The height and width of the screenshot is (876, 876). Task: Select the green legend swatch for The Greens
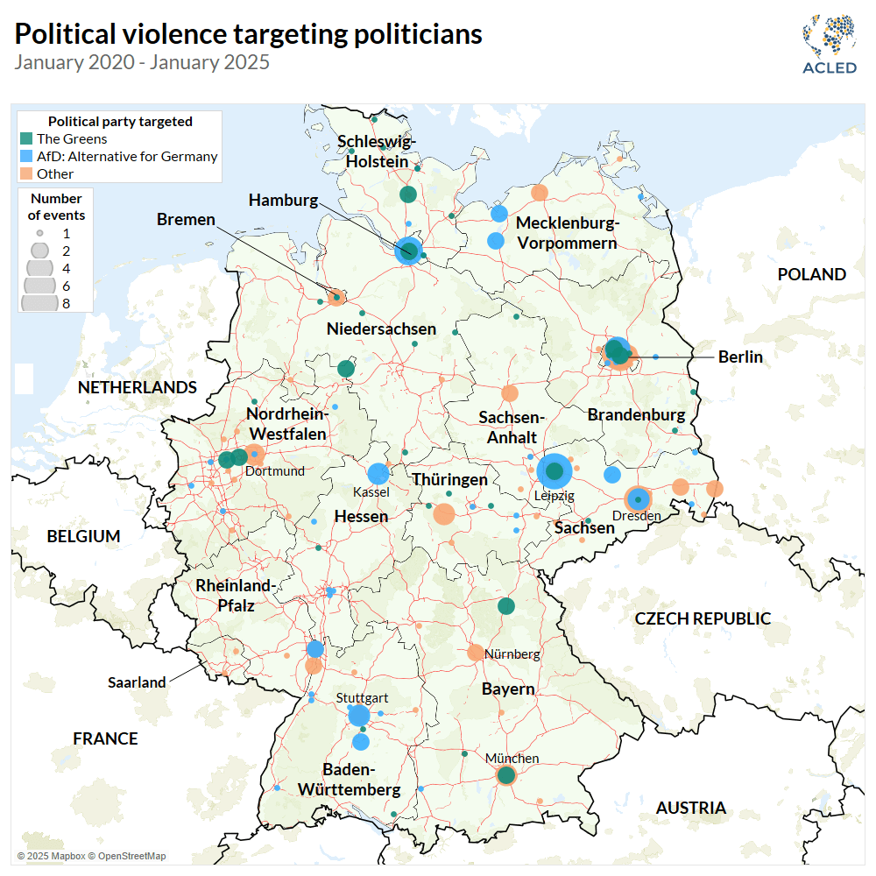tap(26, 138)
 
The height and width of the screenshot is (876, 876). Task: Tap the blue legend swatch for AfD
tap(26, 156)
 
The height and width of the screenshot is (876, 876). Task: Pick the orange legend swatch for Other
tap(26, 173)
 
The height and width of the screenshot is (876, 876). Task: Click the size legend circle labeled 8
tap(40, 303)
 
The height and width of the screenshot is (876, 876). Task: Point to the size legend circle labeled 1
tap(40, 234)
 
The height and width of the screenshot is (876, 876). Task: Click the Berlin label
tap(740, 357)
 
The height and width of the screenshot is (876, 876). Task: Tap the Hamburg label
tap(283, 200)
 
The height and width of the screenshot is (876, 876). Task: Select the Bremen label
tap(186, 219)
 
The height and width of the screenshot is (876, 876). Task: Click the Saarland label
tap(137, 682)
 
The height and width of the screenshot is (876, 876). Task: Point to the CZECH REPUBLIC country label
tap(703, 618)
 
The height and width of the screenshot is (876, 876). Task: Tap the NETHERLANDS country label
tap(137, 387)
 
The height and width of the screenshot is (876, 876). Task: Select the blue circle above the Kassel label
tap(378, 474)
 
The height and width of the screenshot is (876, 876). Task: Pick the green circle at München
tap(505, 774)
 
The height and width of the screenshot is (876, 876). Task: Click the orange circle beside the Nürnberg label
tap(476, 652)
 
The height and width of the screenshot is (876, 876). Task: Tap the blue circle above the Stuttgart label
tap(359, 716)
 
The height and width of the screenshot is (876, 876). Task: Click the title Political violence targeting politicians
tap(249, 33)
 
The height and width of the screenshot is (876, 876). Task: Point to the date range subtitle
tap(142, 62)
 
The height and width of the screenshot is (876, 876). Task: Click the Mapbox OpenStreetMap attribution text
tap(91, 856)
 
